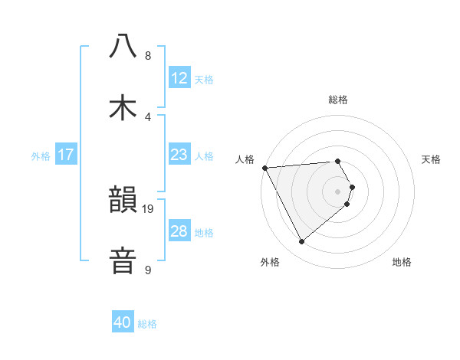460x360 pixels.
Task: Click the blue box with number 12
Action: pos(179,78)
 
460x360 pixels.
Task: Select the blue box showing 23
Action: pos(179,155)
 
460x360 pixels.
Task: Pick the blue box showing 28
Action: pos(179,231)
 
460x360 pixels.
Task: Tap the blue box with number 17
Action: pos(66,155)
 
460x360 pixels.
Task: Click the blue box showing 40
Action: pos(123,323)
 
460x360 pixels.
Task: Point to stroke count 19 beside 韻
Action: pos(149,208)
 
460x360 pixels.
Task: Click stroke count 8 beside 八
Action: pos(148,56)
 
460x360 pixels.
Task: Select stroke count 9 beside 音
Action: pos(148,270)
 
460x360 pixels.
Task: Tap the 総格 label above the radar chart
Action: pos(338,100)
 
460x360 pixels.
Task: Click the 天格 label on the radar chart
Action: pos(432,159)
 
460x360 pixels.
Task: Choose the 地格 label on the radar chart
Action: pos(402,263)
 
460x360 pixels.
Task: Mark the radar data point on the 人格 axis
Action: pos(264,168)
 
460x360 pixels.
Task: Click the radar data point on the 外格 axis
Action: pos(301,242)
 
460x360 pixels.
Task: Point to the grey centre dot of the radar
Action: pos(338,191)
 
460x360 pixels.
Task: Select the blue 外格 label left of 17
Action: pos(41,155)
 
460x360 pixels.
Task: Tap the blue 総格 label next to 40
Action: pos(147,324)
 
